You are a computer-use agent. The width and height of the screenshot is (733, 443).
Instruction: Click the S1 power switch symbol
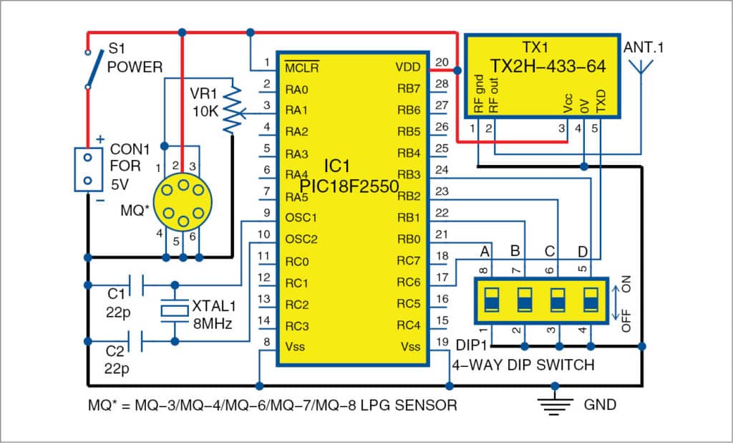click(89, 70)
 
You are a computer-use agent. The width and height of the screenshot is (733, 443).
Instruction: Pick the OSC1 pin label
click(301, 217)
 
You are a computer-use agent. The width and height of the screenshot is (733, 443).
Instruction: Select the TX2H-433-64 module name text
click(548, 66)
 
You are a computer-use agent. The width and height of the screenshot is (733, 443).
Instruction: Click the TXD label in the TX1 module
click(601, 104)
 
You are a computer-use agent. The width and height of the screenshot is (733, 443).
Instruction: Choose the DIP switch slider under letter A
click(492, 300)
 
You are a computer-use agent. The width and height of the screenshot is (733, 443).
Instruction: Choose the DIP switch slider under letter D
click(590, 300)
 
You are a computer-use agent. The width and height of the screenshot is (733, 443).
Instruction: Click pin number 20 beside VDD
click(442, 62)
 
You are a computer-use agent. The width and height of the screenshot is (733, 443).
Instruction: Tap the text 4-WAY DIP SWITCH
click(523, 365)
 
